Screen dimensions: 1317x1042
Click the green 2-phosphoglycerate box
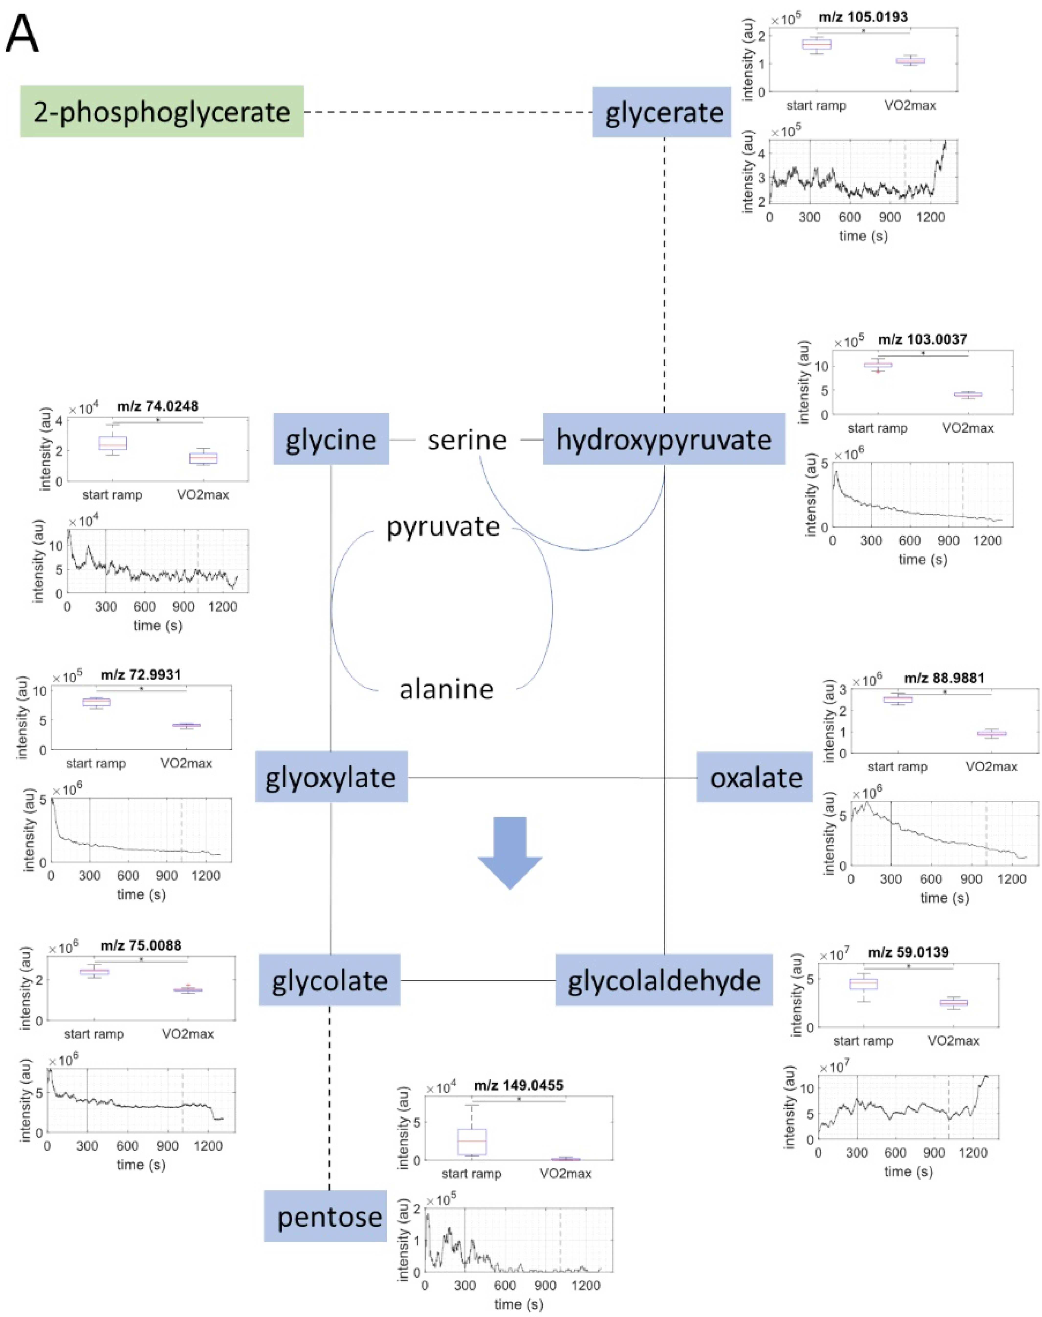pos(162,112)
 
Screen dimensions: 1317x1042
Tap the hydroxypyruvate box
pos(664,439)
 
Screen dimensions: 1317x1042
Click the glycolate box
pos(329,980)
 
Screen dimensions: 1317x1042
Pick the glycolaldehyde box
pos(664,980)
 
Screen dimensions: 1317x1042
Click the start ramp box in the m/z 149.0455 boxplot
pos(472,1141)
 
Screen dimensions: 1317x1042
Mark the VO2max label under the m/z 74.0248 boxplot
pos(203,494)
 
